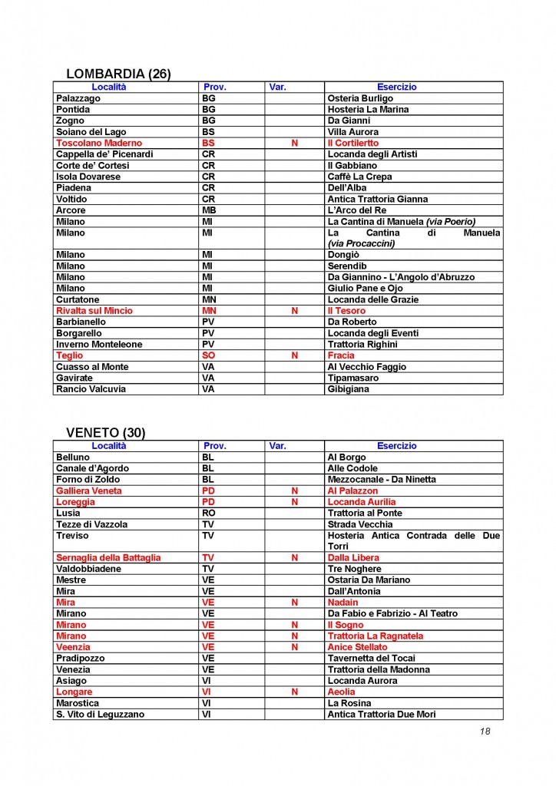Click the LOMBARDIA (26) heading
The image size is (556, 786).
(118, 74)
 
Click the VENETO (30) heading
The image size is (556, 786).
(99, 433)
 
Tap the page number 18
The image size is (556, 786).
(485, 731)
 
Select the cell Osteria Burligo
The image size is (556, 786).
(360, 98)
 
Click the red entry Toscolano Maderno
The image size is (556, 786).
(99, 143)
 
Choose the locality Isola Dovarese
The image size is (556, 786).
(88, 177)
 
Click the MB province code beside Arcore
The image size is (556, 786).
(209, 210)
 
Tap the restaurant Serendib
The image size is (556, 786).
(349, 266)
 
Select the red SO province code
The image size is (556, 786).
(208, 355)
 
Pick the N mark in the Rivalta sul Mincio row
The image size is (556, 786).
(294, 311)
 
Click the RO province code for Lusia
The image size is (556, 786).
(208, 513)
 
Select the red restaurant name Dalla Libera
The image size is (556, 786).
(353, 557)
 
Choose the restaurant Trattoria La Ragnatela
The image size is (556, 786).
(376, 636)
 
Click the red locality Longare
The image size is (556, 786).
(74, 692)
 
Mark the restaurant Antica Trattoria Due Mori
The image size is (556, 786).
(382, 715)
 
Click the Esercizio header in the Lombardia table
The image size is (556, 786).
(397, 88)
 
